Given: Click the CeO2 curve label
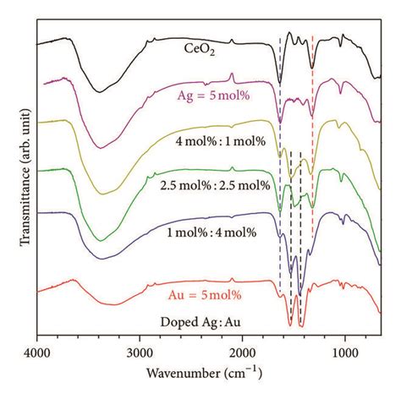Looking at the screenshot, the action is (x=200, y=49).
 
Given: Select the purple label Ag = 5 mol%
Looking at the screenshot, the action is (x=213, y=96).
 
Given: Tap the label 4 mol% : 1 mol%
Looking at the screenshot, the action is (x=221, y=141).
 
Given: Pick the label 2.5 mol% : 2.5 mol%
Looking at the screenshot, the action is (x=215, y=186).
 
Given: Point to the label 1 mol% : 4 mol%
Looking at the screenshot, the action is (x=211, y=232).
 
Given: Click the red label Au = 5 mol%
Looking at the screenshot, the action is (x=205, y=295).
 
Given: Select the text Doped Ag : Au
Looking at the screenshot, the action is (x=200, y=322).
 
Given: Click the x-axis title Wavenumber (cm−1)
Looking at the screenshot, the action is (x=204, y=373).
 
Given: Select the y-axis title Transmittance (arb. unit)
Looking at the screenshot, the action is (x=25, y=178).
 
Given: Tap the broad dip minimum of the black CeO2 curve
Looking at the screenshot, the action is (x=99, y=92).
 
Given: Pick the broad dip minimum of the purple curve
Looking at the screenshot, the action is (x=100, y=148).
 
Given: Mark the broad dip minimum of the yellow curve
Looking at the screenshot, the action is (x=102, y=194).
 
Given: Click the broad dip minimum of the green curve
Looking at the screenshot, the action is (x=101, y=241).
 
